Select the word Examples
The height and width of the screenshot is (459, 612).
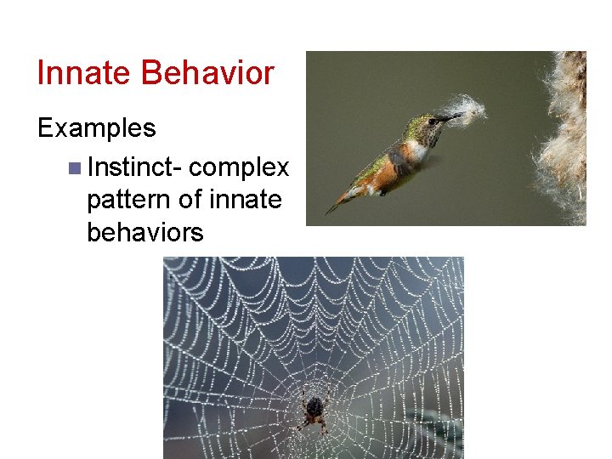(x=96, y=128)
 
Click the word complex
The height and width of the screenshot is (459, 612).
(x=239, y=167)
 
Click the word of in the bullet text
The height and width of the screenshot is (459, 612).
(x=194, y=199)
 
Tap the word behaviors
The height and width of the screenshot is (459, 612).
(x=144, y=231)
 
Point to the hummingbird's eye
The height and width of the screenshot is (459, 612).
(x=433, y=122)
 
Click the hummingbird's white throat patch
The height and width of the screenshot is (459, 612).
(x=418, y=150)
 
